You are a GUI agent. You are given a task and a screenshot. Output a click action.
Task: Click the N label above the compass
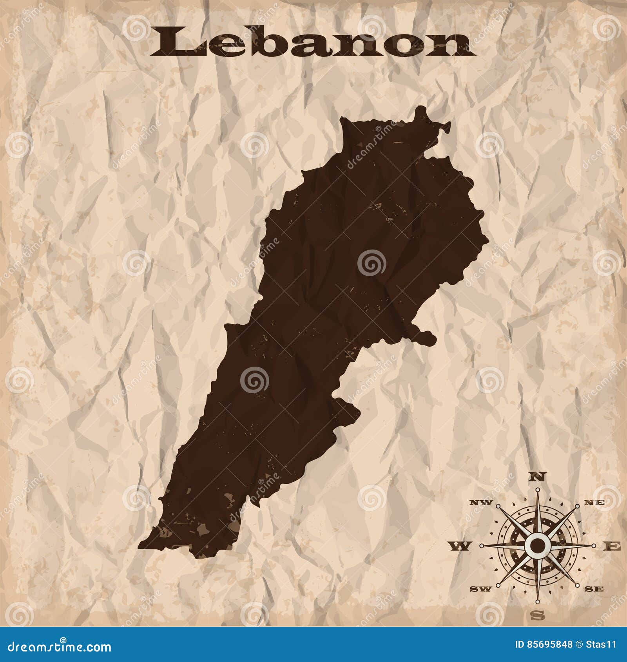pos(538,477)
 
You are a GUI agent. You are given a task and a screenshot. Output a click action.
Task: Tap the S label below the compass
pos(539,615)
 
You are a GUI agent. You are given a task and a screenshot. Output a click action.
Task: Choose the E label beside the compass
pos(614,546)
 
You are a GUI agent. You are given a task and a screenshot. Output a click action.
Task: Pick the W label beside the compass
pos(461,546)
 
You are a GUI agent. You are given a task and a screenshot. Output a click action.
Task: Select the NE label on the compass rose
pos(597,503)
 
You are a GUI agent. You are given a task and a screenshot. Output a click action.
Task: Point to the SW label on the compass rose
pos(479,589)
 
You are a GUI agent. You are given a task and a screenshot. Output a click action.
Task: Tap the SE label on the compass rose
pos(596,589)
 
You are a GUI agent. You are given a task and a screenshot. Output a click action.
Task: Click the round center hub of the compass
pos(538,545)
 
